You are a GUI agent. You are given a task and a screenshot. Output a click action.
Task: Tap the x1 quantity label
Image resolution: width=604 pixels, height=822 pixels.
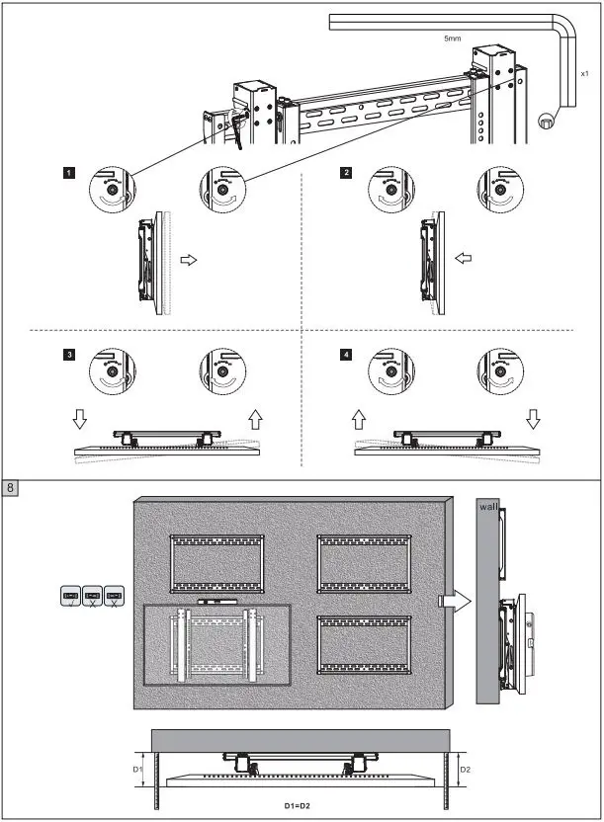coord(585,72)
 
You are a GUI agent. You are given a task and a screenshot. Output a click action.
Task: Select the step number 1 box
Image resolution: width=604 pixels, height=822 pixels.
coord(68,172)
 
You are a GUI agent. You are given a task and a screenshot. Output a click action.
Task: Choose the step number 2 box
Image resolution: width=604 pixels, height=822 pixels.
coord(345,172)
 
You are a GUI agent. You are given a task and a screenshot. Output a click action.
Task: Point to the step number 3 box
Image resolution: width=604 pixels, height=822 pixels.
coord(68,353)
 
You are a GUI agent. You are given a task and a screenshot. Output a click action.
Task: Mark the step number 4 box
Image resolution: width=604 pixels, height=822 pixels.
coord(345,353)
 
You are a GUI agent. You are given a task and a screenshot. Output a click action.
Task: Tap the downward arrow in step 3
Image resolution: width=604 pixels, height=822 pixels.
coord(80,420)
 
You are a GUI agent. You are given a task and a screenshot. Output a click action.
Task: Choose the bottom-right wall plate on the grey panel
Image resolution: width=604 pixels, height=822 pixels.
coord(365,645)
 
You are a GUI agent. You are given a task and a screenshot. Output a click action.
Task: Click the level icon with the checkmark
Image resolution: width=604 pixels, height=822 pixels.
coord(70,597)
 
